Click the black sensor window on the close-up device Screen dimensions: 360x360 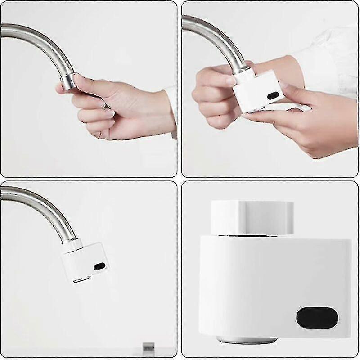pyautogui.click(x=317, y=318)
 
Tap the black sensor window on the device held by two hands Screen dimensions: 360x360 pyautogui.click(x=273, y=95)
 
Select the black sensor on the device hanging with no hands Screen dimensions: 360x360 pyautogui.click(x=99, y=266)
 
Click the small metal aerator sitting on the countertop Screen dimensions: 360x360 pyautogui.click(x=148, y=346)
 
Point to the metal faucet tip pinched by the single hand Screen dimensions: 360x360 pyautogui.click(x=69, y=81)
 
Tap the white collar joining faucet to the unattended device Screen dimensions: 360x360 pyautogui.click(x=72, y=246)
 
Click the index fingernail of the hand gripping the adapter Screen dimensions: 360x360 pyautogui.click(x=230, y=81)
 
